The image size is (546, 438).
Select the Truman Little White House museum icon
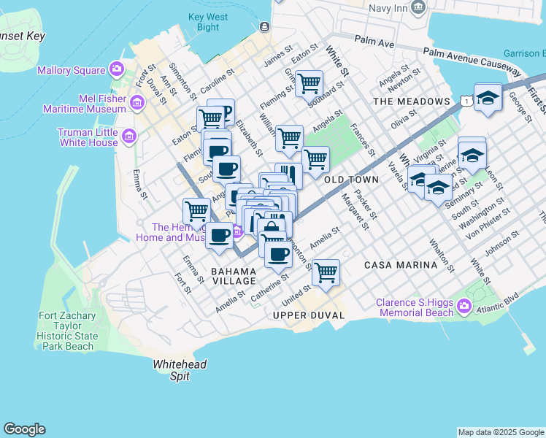(x=129, y=137)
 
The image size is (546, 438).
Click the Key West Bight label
(x=203, y=22)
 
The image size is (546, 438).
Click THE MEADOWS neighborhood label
(x=411, y=101)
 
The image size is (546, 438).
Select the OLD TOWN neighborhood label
(x=351, y=179)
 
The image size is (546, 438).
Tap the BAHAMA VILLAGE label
(x=234, y=276)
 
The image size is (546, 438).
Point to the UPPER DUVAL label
(x=301, y=315)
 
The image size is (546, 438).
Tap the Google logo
(x=24, y=429)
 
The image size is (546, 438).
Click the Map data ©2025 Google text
(x=500, y=432)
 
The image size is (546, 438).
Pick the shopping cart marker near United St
(x=326, y=272)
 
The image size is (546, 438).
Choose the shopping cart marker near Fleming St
(x=309, y=83)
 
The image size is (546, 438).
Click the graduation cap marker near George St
(x=488, y=96)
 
